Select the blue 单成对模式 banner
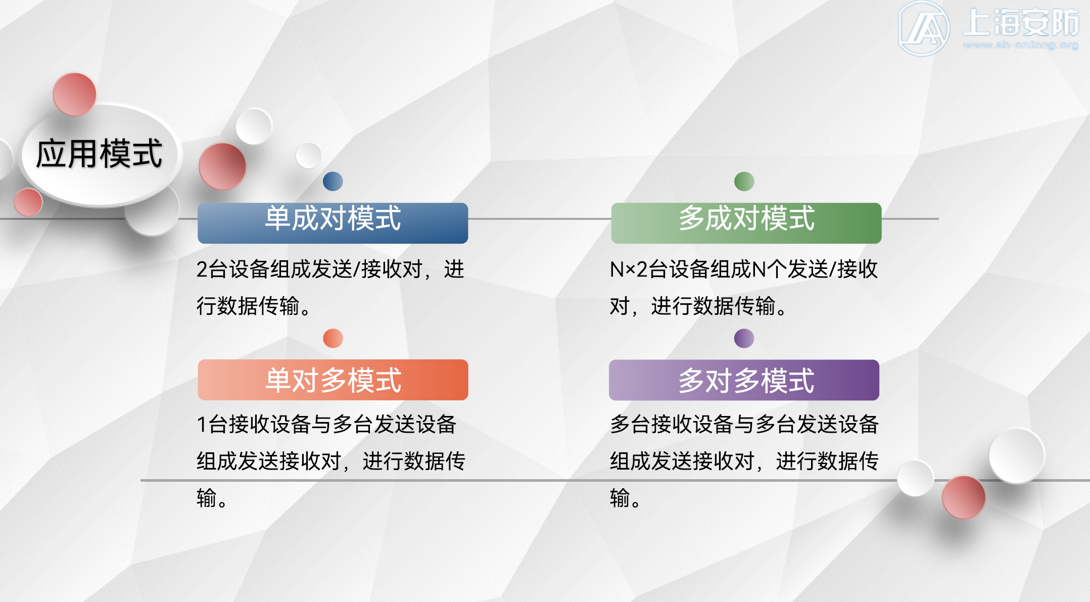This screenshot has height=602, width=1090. [333, 223]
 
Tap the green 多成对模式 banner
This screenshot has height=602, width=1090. [746, 223]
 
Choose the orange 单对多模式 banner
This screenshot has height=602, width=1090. [333, 380]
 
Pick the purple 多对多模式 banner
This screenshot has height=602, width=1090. [744, 380]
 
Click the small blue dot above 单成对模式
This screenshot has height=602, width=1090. [333, 181]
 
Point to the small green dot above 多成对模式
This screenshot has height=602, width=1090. [744, 181]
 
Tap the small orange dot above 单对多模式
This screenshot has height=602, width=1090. [333, 338]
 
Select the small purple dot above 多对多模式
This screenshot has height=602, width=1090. [744, 338]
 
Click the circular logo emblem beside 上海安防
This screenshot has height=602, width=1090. [923, 28]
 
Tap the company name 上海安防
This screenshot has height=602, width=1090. [1021, 23]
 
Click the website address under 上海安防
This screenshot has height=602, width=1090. [1021, 45]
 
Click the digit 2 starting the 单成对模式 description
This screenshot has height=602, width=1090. [202, 269]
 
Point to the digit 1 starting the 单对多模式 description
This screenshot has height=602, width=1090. [202, 425]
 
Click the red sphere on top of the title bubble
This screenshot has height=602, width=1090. [74, 94]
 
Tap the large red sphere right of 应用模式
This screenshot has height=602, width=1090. [222, 166]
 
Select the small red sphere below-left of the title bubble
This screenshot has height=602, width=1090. [28, 202]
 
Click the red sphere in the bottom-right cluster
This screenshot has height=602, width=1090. [963, 497]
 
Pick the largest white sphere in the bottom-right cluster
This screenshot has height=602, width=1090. [1016, 455]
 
